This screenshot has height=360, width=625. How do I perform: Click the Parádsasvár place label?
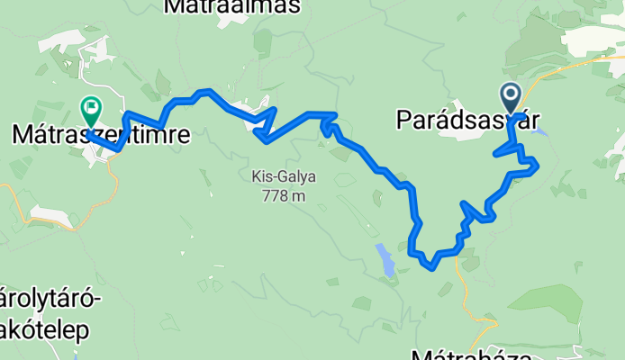coord(459,120)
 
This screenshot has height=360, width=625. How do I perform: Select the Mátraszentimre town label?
coord(101,136)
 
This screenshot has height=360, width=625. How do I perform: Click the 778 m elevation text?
coord(277,195)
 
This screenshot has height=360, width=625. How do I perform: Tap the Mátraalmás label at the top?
coord(232,7)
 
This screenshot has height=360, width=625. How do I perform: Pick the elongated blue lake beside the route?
coord(385,260)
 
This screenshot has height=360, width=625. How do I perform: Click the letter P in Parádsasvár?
coord(403,120)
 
